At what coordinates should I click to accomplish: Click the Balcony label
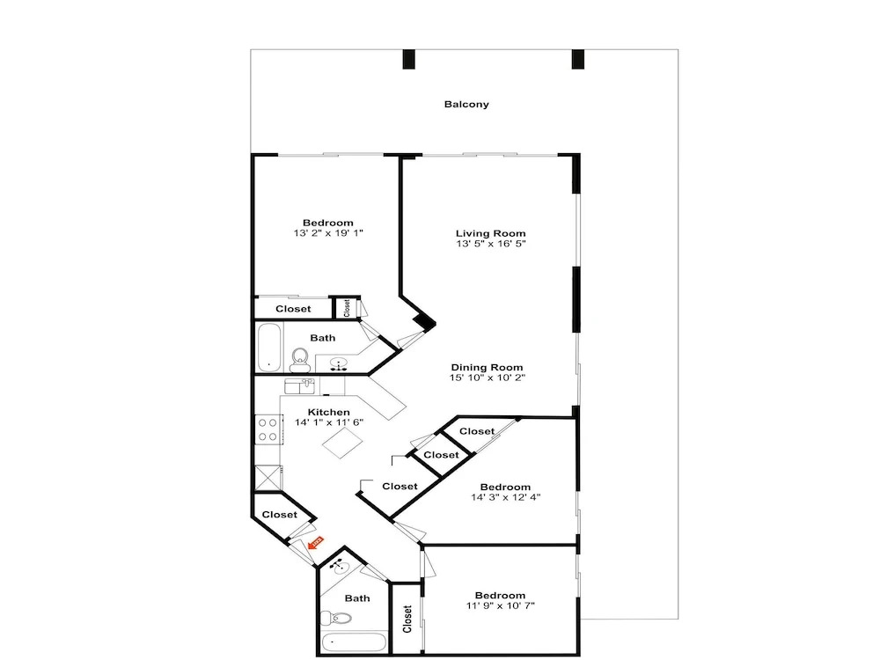(466, 105)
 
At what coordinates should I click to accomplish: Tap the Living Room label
(490, 233)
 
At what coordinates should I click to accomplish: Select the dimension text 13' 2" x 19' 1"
(328, 233)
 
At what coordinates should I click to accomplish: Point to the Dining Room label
(488, 368)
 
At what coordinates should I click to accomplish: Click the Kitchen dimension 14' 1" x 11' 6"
(329, 422)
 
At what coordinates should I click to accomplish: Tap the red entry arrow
(316, 543)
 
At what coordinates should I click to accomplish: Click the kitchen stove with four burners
(268, 429)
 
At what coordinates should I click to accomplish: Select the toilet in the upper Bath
(300, 359)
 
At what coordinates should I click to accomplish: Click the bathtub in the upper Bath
(270, 347)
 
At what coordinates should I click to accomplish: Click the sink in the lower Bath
(339, 567)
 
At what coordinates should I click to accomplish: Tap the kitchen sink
(300, 386)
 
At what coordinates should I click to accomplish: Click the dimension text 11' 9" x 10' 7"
(500, 605)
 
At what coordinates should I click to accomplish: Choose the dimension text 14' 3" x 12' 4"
(506, 497)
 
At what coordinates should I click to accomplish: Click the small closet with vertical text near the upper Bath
(346, 308)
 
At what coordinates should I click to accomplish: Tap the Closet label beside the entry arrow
(280, 515)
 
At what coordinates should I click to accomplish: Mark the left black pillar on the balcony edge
(408, 60)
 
